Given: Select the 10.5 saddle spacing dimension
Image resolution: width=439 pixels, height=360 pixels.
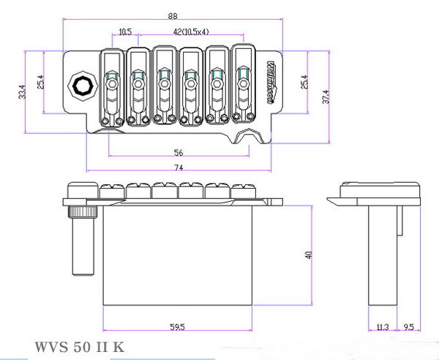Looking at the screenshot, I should [124, 32].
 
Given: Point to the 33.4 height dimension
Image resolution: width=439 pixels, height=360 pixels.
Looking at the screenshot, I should [23, 90].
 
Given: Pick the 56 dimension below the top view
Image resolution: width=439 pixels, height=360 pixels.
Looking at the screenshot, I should [179, 153].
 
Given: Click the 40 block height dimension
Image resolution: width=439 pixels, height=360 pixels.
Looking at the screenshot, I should [309, 255].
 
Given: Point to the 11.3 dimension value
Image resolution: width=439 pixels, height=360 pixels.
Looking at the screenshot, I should [380, 327].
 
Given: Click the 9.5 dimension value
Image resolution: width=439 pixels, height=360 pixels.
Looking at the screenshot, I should [409, 327].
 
